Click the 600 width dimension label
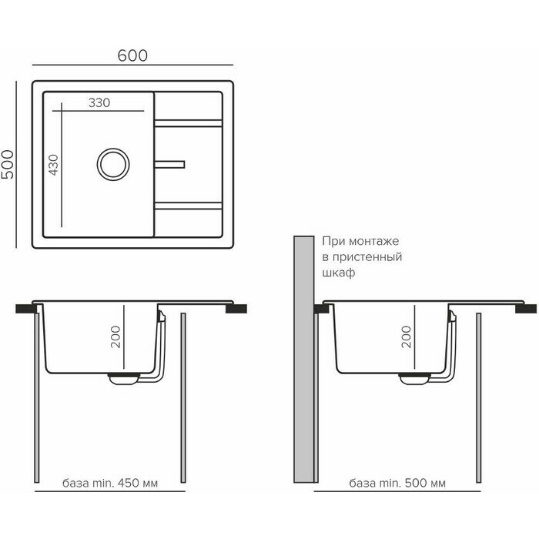tap(132, 55)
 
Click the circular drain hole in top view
tap(110, 162)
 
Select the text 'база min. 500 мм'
tap(397, 483)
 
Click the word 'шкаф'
tap(339, 273)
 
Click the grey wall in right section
tap(306, 362)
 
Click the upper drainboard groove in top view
tap(190, 122)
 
